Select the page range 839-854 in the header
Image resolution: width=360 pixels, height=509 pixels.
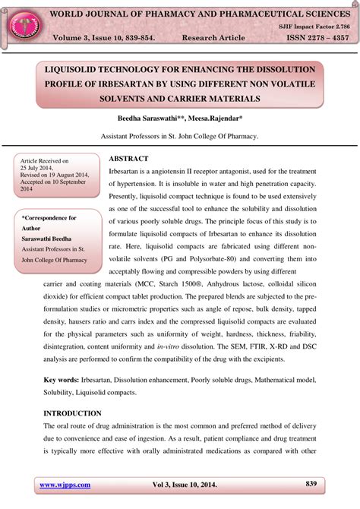[x=149, y=37]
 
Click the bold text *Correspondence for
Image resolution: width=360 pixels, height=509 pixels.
[x=49, y=218]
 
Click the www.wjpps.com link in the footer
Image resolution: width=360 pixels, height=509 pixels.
[x=65, y=485]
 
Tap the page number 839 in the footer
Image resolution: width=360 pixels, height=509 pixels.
[x=311, y=483]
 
